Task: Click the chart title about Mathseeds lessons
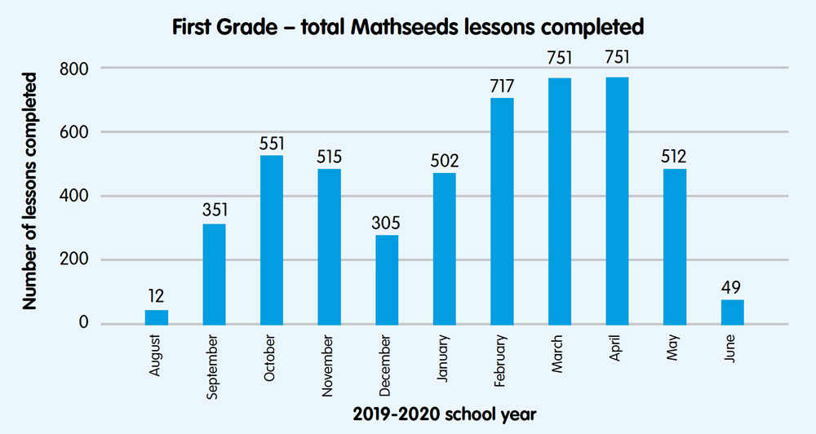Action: [408, 27]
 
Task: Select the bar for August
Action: [157, 317]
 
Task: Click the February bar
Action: [502, 210]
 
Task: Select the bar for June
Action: [732, 312]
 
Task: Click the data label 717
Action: [502, 85]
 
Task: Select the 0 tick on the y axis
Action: [84, 324]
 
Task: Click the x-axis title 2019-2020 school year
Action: [445, 414]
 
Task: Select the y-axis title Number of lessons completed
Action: [30, 191]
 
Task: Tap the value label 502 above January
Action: [445, 160]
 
